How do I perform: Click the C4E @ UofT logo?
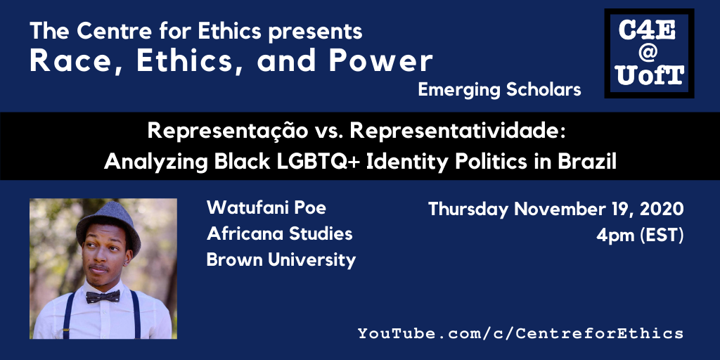[x=649, y=53]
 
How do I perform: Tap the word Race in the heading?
[x=72, y=61]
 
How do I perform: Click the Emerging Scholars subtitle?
[x=500, y=90]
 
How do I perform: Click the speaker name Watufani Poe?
[x=266, y=207]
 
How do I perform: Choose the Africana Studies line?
[x=280, y=233]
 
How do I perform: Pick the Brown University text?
[x=281, y=260]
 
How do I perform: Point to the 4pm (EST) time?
[x=640, y=236]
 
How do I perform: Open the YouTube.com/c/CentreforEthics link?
[x=521, y=333]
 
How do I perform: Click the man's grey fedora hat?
[x=108, y=224]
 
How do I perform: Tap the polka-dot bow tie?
[x=103, y=297]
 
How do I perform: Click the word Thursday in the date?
[x=468, y=210]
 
